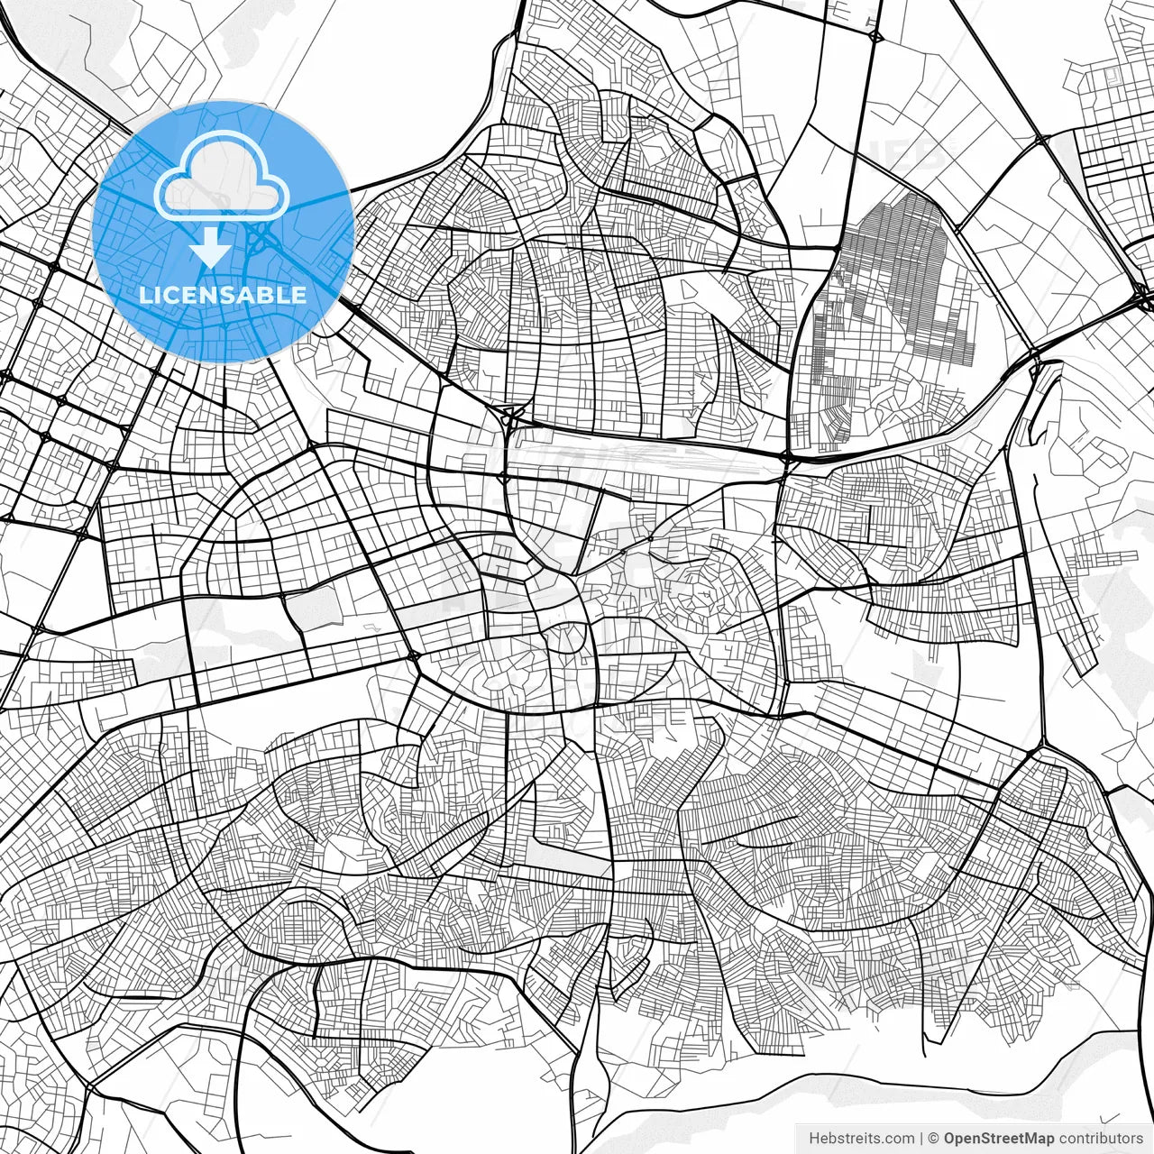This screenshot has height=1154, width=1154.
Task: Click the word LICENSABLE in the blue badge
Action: coord(223,295)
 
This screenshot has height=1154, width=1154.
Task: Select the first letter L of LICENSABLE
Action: coord(145,295)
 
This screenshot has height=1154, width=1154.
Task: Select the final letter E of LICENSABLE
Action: coord(299,295)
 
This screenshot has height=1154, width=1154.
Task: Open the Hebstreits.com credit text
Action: coord(861,1139)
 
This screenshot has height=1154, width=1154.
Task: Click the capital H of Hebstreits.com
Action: coord(814,1139)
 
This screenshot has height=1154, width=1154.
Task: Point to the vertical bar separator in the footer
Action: coord(920,1139)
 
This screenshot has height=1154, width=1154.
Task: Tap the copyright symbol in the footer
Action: coord(934,1139)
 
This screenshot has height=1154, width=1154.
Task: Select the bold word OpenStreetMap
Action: coord(998,1139)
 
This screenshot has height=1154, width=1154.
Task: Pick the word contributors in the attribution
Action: coord(1101,1139)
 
